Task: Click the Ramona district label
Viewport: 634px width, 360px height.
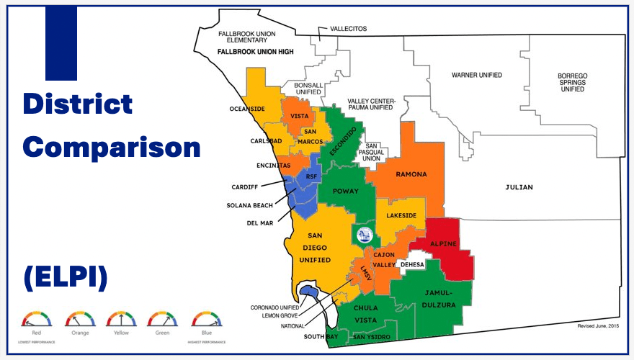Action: (411, 174)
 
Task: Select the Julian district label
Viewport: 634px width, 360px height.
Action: (519, 187)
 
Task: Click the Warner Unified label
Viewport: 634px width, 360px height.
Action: (477, 75)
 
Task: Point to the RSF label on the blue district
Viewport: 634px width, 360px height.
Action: (311, 176)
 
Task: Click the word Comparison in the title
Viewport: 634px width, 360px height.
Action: (111, 148)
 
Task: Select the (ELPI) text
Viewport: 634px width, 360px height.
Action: (65, 277)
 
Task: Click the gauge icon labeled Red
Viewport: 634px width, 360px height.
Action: (37, 319)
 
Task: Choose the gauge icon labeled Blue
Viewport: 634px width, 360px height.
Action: (207, 319)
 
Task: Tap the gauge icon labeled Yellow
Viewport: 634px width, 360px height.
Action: (121, 319)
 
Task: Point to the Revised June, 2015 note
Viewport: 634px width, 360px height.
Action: (597, 325)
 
